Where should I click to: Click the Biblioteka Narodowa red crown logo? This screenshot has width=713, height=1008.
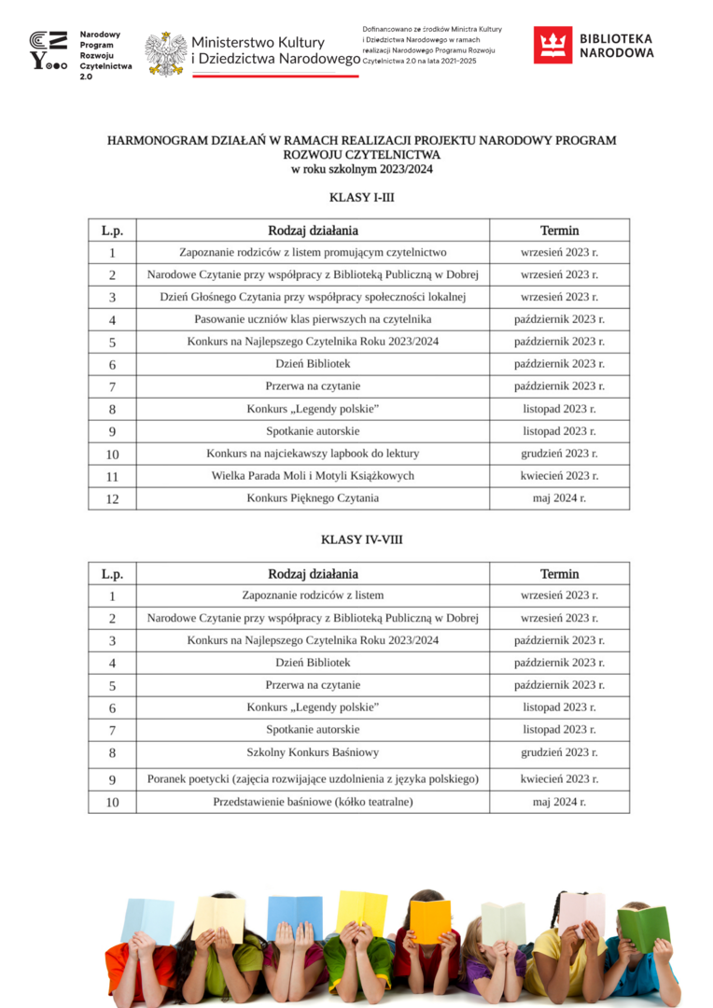(552, 45)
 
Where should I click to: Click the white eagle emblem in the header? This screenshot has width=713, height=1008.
(166, 52)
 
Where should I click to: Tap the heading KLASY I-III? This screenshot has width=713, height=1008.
(356, 197)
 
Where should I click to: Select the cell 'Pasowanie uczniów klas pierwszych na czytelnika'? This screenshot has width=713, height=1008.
(313, 319)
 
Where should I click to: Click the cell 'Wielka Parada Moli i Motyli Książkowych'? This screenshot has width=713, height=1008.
(313, 476)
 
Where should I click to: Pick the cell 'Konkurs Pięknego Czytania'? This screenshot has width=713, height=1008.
(313, 498)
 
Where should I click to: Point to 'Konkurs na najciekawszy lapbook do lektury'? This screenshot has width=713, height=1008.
(313, 454)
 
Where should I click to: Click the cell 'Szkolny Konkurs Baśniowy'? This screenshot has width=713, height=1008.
(313, 752)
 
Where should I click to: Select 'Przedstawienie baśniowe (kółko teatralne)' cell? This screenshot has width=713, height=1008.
(313, 802)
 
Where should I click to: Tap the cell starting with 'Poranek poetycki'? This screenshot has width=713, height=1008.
(313, 778)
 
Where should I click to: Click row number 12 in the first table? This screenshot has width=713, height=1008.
(112, 499)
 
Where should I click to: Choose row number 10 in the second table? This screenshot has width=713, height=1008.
(112, 803)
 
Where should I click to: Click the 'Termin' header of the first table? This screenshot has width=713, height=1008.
(559, 231)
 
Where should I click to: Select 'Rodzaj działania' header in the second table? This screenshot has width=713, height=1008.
(313, 574)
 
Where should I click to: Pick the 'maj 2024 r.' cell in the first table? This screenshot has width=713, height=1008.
(559, 498)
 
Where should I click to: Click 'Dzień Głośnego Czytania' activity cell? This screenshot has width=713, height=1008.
(313, 297)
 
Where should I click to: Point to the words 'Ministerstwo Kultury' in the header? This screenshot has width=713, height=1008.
(258, 42)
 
